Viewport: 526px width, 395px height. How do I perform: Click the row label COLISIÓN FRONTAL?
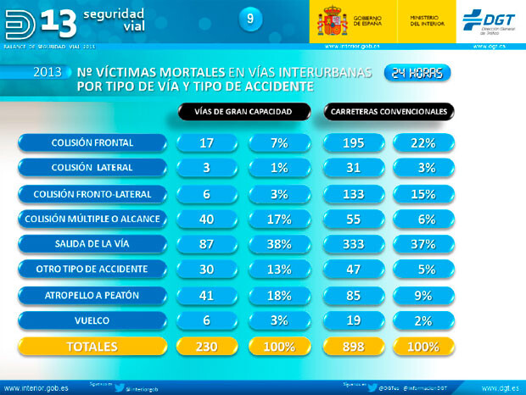92,142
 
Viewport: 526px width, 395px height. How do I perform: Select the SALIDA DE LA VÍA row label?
92,244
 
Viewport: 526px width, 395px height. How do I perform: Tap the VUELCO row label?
92,320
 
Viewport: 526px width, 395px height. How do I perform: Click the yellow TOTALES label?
92,347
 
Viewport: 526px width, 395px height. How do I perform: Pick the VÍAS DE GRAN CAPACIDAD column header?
243,111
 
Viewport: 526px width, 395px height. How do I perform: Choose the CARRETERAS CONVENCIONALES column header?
389,111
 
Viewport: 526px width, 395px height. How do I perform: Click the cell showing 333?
354,244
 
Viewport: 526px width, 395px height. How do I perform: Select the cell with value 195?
354,142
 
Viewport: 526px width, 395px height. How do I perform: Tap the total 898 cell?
354,347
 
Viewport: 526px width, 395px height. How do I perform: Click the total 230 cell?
206,347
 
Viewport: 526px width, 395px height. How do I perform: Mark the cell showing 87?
206,244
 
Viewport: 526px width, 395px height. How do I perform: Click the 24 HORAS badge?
417,74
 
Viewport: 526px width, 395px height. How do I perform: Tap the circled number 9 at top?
249,19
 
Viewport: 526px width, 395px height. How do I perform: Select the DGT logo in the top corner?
490,19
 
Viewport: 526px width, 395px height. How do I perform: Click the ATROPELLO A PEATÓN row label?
92,295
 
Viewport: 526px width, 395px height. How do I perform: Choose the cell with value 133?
354,193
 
